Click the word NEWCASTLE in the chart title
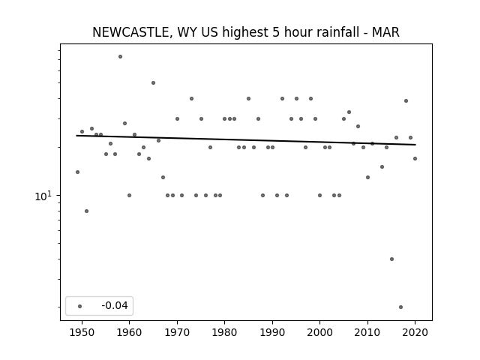pyautogui.click(x=130, y=32)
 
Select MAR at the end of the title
pyautogui.click(x=385, y=32)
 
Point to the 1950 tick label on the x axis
pyautogui.click(x=82, y=332)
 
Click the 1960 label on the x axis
pyautogui.click(x=129, y=332)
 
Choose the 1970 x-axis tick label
pyautogui.click(x=177, y=332)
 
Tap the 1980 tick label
pyautogui.click(x=224, y=332)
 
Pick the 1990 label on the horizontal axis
pyautogui.click(x=272, y=332)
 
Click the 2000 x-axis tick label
pyautogui.click(x=319, y=332)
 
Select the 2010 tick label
pyautogui.click(x=367, y=332)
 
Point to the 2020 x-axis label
pyautogui.click(x=415, y=332)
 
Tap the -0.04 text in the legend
pyautogui.click(x=115, y=305)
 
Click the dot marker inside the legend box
pyautogui.click(x=80, y=306)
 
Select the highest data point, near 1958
pyautogui.click(x=120, y=57)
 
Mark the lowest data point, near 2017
pyautogui.click(x=400, y=307)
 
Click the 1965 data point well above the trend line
pyautogui.click(x=153, y=83)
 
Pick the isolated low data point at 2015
pyautogui.click(x=391, y=259)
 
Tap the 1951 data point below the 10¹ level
pyautogui.click(x=87, y=211)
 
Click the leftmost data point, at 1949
pyautogui.click(x=77, y=172)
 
